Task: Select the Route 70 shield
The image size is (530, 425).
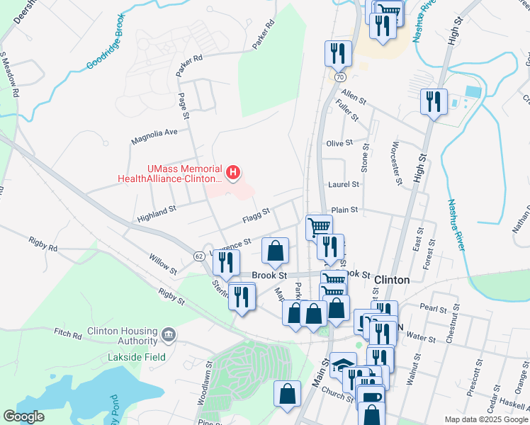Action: pos(340,76)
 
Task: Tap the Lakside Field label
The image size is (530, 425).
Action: pos(137,357)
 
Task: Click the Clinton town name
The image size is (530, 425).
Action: pos(391,280)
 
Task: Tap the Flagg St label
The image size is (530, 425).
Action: pos(256,212)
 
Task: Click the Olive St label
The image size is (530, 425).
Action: pos(339,143)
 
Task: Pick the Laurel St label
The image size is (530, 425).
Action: pos(344,184)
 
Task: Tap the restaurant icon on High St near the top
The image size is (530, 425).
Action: pos(432,101)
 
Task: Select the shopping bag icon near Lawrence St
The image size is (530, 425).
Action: pos(275,250)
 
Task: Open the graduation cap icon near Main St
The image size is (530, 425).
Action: pos(343,364)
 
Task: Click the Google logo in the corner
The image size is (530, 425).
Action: pos(24,416)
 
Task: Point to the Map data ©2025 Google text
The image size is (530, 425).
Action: pos(485,419)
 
